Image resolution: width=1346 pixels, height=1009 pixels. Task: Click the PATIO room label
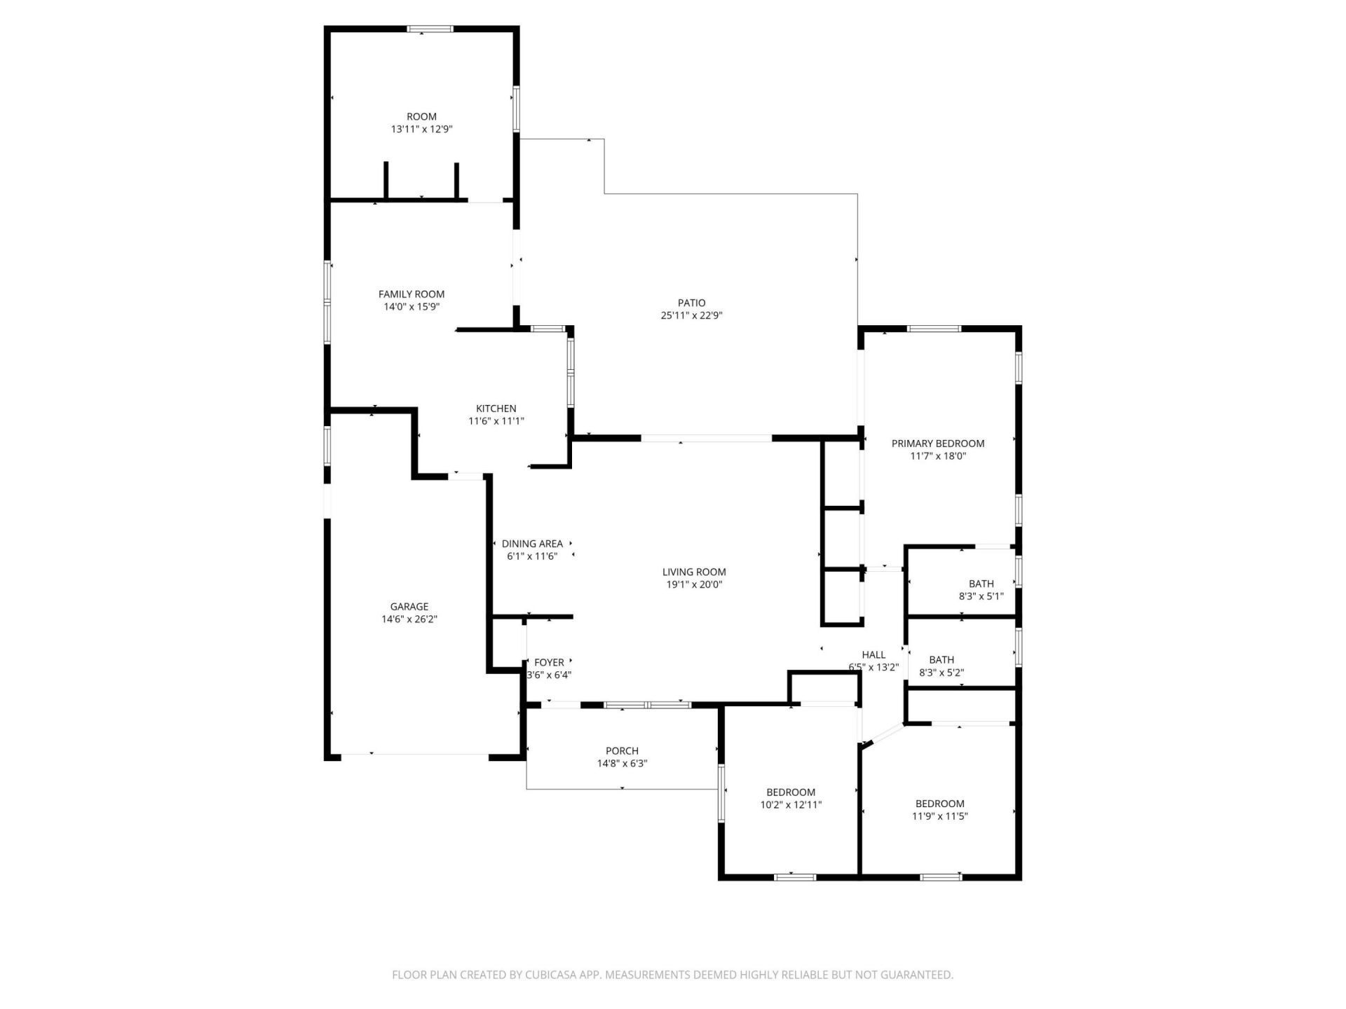click(691, 303)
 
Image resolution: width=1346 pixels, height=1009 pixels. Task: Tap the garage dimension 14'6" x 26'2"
click(409, 619)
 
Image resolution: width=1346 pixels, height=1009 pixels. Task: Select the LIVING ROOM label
click(694, 572)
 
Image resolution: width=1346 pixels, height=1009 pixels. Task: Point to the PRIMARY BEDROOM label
click(937, 444)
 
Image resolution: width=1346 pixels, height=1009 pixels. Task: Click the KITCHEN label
click(496, 409)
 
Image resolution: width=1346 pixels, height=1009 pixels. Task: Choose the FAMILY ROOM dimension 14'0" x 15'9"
click(412, 307)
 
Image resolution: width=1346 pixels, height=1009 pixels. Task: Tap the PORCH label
click(622, 751)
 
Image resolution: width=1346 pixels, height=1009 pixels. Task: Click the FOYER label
click(549, 662)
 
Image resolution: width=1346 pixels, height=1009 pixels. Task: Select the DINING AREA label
click(532, 544)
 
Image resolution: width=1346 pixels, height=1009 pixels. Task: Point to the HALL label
click(873, 654)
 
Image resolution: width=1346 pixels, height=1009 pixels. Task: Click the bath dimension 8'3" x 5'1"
click(981, 596)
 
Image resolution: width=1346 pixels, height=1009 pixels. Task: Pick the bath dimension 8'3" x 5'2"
click(941, 673)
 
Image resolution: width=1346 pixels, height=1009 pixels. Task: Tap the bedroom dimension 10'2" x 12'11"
click(791, 805)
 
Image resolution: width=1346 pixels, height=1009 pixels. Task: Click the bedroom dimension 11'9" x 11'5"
click(939, 816)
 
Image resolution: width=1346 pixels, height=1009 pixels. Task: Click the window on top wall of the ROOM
click(430, 29)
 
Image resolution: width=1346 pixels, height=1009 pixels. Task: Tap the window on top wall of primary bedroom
click(934, 329)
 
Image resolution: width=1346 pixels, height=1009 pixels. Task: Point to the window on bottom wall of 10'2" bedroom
click(795, 877)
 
